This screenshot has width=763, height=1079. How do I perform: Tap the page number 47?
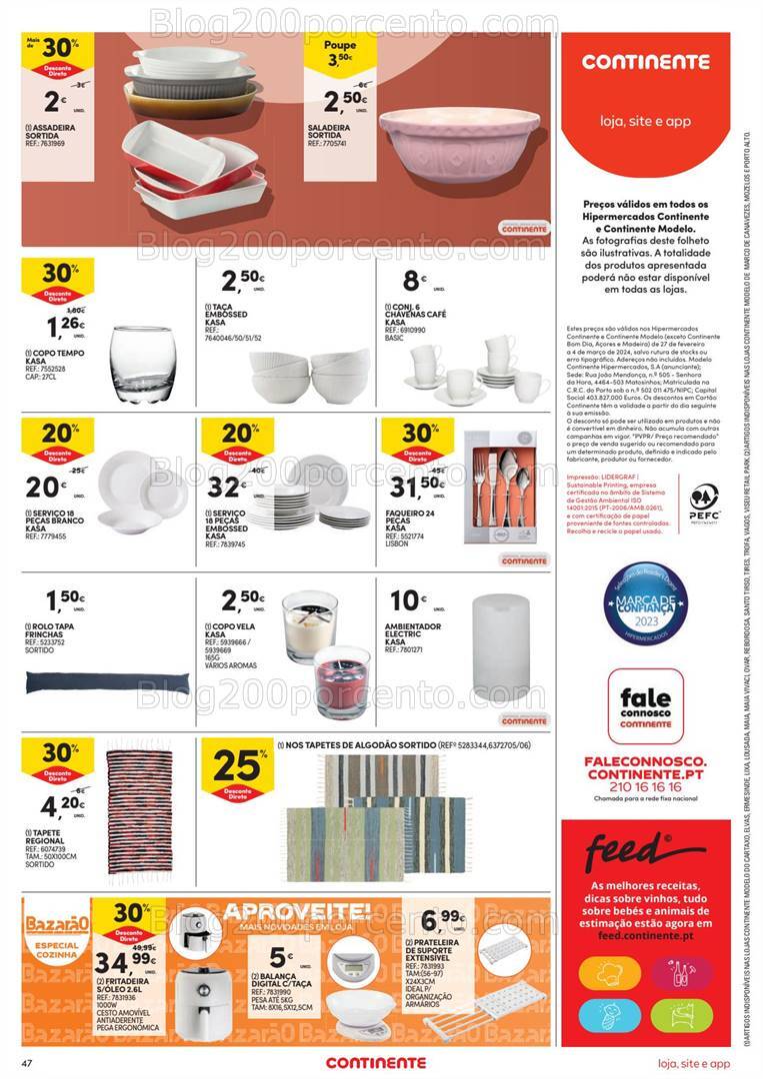pyautogui.click(x=13, y=1062)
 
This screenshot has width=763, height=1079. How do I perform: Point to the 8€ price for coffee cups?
pyautogui.click(x=413, y=281)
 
